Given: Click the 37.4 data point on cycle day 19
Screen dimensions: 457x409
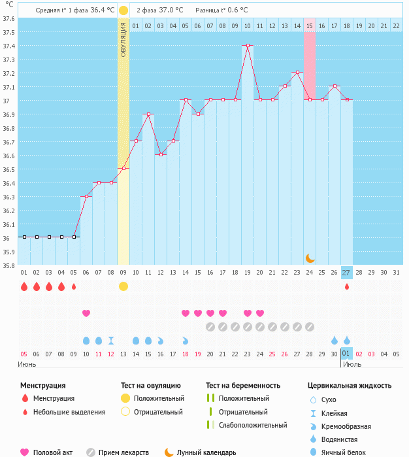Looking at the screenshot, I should pos(248,46).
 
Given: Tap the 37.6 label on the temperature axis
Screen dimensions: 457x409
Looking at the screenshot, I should pos(8,18).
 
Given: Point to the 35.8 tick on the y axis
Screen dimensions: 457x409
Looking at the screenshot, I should pos(8,265).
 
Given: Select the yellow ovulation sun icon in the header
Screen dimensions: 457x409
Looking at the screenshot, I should pos(123,10).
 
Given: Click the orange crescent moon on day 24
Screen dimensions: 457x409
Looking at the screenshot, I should pos(310,258).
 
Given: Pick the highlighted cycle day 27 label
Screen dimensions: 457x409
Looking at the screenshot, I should pos(346,273).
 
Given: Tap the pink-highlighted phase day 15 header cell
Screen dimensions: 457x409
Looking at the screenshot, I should pos(310,25).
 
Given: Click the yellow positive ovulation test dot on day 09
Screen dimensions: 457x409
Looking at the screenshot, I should pos(123,286).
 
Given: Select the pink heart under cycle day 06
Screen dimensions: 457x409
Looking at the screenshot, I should pos(86,313).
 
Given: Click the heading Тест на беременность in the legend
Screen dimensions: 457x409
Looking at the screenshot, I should pos(242,385).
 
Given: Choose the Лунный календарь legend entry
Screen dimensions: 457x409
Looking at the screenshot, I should pos(200,452).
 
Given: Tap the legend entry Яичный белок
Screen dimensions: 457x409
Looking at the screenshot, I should pos(343,452).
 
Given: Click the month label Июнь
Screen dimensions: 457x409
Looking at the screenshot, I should pos(27,364).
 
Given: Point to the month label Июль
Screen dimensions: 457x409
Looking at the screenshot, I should pos(352,364).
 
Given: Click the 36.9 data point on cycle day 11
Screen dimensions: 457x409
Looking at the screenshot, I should pos(148,114).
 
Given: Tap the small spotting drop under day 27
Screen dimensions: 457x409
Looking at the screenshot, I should pos(347,286).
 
